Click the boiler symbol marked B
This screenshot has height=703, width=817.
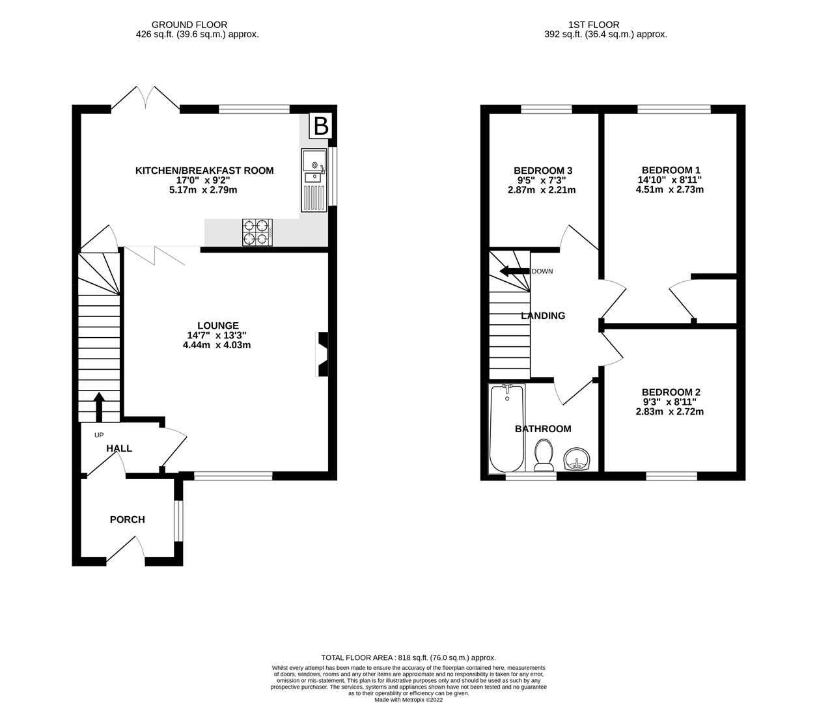[x=320, y=125]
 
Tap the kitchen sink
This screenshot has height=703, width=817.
[x=313, y=180]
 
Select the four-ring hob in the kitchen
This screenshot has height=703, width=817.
[x=256, y=232]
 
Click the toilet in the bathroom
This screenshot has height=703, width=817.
[x=543, y=454]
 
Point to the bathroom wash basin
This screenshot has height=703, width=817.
[x=577, y=459]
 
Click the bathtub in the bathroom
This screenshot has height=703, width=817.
[x=507, y=428]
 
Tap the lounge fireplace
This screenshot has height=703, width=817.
[x=322, y=355]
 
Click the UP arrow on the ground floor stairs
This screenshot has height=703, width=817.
[x=99, y=407]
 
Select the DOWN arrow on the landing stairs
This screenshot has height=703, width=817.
[x=514, y=271]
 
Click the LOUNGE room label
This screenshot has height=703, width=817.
[x=218, y=325]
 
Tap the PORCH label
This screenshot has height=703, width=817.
[x=128, y=519]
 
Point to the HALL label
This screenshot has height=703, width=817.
[x=119, y=448]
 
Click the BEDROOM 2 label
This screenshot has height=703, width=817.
[x=671, y=392]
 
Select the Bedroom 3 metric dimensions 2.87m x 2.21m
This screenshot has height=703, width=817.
[x=542, y=190]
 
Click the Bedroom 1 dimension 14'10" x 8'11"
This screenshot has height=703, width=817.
[x=671, y=180]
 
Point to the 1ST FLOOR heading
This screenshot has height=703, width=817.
[x=584, y=25]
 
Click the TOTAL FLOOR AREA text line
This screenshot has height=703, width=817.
[x=408, y=657]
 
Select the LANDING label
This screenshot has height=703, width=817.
[x=543, y=316]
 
